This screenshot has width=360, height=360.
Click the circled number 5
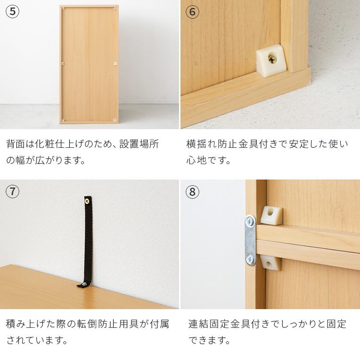click(12, 12)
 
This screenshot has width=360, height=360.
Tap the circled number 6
click(192, 12)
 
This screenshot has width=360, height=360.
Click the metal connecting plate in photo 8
click(250, 240)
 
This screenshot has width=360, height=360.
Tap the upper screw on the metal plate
click(250, 222)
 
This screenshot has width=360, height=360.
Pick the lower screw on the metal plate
click(251, 259)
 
